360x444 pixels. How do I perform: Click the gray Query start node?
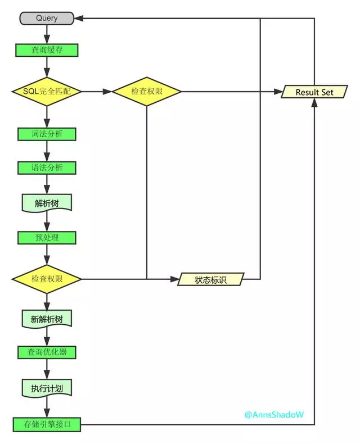coord(47,19)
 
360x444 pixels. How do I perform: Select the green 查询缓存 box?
coord(47,50)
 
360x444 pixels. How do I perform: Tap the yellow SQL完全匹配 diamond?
coord(47,92)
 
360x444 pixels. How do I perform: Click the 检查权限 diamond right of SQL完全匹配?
coord(147,92)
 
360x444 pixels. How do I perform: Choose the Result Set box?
coord(314,92)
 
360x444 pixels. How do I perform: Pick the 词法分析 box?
coord(47,134)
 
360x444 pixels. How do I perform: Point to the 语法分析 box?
coord(47,168)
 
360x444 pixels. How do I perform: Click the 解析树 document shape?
coord(47,203)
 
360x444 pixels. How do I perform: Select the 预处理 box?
coord(47,237)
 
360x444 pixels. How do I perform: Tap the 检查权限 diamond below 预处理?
coord(47,279)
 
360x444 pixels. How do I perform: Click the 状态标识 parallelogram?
coord(211,279)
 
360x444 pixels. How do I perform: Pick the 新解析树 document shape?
coord(47,319)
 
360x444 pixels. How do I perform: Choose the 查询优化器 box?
coord(47,352)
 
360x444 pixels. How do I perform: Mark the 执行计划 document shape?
coord(47,388)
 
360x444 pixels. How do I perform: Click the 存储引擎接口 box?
coord(47,424)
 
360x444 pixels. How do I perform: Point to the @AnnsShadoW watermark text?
coord(274,415)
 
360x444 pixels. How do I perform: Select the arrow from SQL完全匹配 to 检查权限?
coord(96,92)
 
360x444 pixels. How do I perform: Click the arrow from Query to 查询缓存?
coord(47,34)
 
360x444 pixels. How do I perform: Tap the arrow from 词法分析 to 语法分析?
coord(47,151)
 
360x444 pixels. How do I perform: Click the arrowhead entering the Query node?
coord(79,19)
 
